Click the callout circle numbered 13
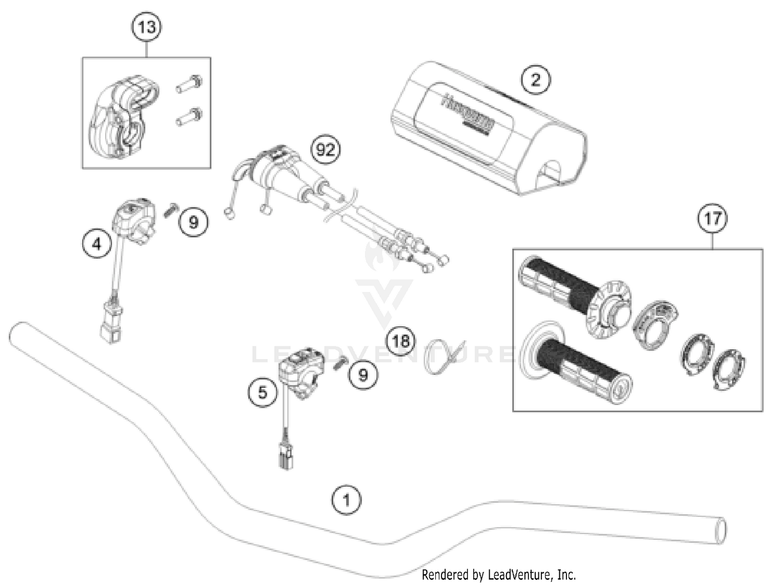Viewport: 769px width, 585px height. coord(147,27)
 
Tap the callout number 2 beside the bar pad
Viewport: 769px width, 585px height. coord(535,80)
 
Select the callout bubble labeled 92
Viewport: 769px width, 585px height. coord(326,150)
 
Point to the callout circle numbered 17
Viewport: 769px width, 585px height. coord(712,219)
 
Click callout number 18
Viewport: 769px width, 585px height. coord(401,340)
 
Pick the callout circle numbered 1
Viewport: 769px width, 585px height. coord(346,499)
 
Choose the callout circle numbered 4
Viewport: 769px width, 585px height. coord(97,244)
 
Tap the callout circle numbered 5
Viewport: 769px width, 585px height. coord(262,392)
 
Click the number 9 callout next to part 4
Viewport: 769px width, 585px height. coord(193,222)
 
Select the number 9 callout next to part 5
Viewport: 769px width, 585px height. coord(363,374)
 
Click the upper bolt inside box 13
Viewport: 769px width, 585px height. coord(189,84)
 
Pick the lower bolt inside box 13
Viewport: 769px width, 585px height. coord(189,117)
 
